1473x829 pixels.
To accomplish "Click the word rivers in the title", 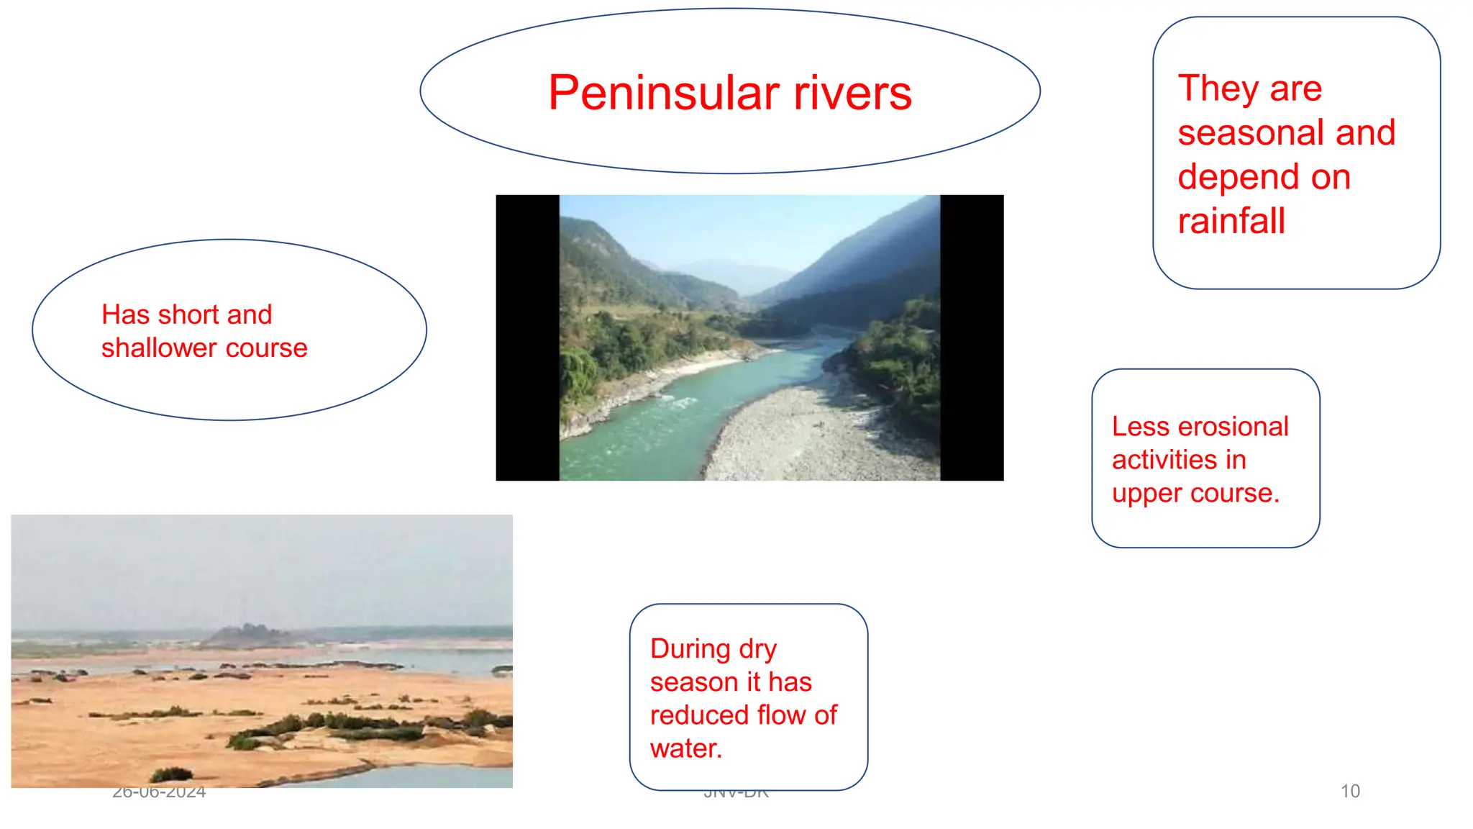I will [x=852, y=94].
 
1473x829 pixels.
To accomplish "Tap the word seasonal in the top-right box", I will [x=1251, y=133].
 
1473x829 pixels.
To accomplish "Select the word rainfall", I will [x=1231, y=221].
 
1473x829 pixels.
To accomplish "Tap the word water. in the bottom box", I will [x=686, y=748].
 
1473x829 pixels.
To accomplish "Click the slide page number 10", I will [x=1350, y=791].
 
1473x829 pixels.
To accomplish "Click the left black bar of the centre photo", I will [x=527, y=338].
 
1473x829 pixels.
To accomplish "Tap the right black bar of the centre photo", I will [x=972, y=338].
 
